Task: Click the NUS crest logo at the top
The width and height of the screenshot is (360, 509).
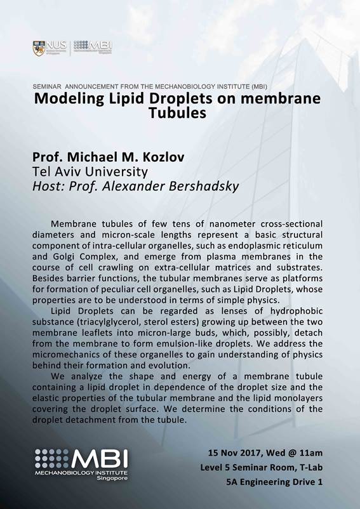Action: tap(39, 48)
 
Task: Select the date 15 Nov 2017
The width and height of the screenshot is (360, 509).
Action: tap(236, 453)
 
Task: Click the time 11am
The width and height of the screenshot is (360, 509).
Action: tap(311, 453)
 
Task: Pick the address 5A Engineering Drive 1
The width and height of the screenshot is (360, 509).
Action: tap(275, 482)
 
